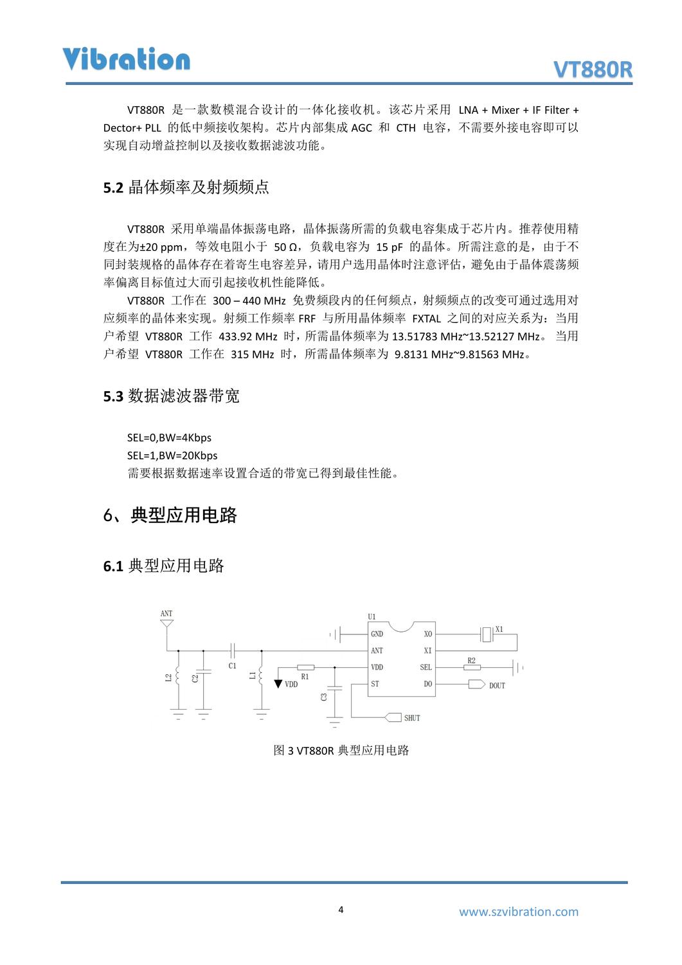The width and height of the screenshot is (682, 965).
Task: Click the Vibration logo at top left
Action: (x=127, y=59)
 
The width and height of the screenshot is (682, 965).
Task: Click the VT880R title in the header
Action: (x=593, y=70)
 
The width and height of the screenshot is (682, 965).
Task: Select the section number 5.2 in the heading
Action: (x=112, y=188)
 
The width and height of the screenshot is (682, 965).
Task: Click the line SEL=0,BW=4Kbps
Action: (x=169, y=437)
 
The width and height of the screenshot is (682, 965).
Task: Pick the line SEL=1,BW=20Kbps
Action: (x=172, y=455)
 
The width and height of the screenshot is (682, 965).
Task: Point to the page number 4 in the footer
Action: (x=341, y=910)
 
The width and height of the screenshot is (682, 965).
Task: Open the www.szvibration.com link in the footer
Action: (x=518, y=911)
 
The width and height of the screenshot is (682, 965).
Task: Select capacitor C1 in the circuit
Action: (x=233, y=650)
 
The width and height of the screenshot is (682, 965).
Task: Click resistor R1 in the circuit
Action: (x=306, y=667)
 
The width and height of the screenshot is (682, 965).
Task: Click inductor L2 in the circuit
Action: (x=178, y=676)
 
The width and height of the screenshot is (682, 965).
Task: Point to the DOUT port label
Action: (x=497, y=685)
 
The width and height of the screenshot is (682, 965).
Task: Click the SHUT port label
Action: (x=412, y=717)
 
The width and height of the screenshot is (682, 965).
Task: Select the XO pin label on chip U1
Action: (x=428, y=634)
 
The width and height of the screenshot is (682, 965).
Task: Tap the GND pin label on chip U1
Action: (x=377, y=634)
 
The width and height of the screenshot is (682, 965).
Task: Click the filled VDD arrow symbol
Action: (x=278, y=683)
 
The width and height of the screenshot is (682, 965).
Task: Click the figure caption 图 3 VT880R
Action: (x=341, y=750)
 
